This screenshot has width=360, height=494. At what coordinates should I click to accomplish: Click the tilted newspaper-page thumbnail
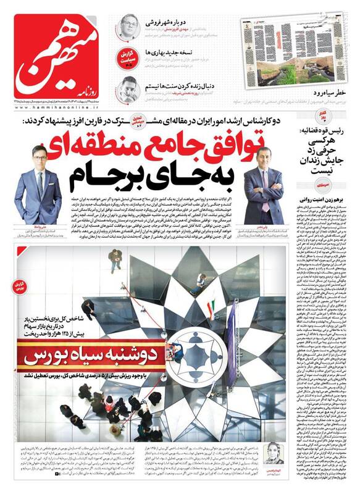[x=290, y=46]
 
